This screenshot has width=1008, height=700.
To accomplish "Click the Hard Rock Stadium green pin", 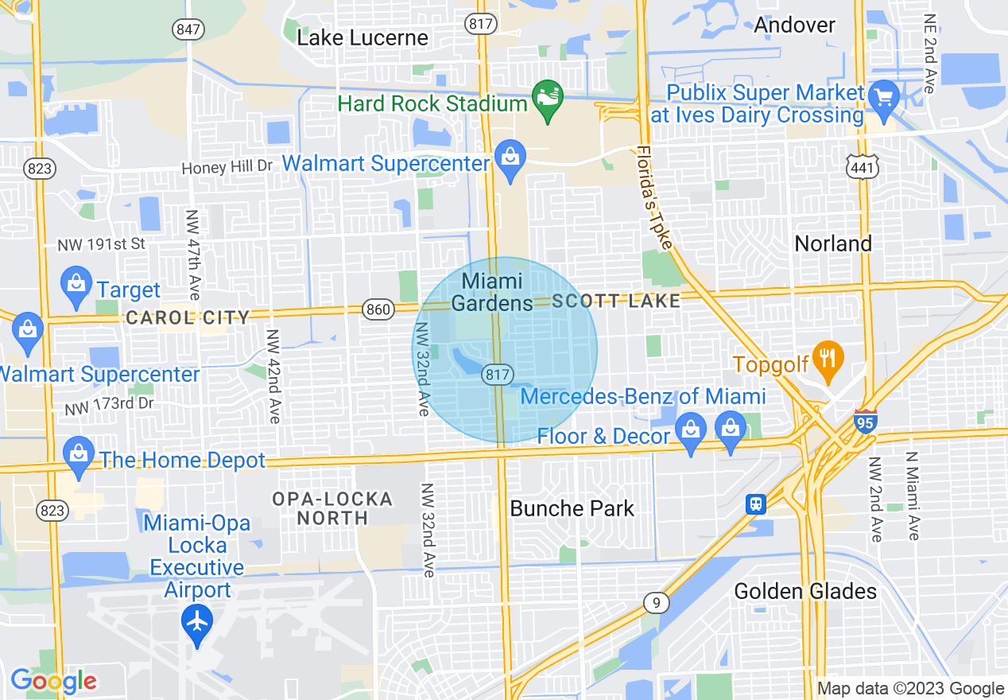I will pos(547,99).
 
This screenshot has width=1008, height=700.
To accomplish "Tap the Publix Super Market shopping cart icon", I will pos(883,98).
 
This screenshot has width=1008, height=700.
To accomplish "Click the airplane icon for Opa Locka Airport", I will pos(197,621).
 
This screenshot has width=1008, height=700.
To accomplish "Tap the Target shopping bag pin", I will pos(77,286).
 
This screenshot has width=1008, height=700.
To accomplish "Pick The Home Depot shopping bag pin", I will pos(78,457).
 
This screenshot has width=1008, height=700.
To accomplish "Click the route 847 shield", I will pos(188,30).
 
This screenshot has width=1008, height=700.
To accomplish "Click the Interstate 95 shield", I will pos(866,421).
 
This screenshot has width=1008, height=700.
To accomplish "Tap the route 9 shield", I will pos(656,604).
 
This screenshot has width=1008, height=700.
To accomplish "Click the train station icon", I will pos(756,504).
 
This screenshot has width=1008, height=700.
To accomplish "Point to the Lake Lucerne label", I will pos(362,37).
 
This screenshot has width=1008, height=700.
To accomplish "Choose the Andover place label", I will pos(794,25).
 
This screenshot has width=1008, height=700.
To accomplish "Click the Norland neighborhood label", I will pos(833,243).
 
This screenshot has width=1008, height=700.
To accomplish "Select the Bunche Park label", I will pos(572,508).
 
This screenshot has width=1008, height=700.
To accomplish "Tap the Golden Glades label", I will pos(805,591).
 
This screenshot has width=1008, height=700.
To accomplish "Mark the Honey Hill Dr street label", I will pos(227,168).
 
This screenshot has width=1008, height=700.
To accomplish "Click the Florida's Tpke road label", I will pos(655,198).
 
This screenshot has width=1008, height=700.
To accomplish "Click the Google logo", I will pos(53,681).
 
